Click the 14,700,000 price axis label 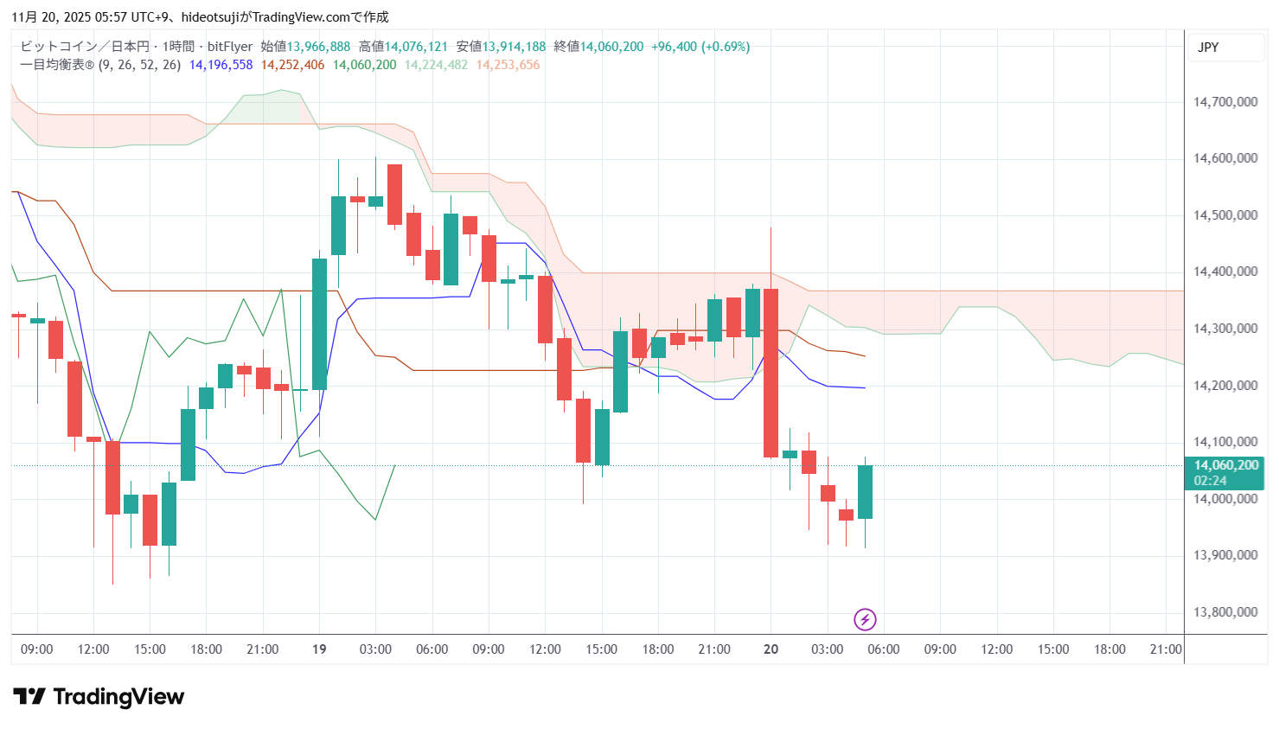[x=1225, y=102]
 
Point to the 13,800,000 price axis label [x=1225, y=612]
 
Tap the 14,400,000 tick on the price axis [x=1225, y=272]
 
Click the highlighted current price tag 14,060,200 [x=1225, y=465]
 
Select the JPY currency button [x=1208, y=48]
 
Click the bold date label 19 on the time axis [x=319, y=649]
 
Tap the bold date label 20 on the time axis [x=771, y=649]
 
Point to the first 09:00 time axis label [x=36, y=649]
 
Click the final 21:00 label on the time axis [x=1165, y=649]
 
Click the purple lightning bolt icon [x=865, y=619]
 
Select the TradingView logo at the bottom [x=99, y=697]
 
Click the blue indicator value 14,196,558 [x=221, y=65]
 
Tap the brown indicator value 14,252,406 [x=292, y=65]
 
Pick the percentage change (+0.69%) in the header [x=726, y=47]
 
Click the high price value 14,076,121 [x=416, y=47]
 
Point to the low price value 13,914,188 [x=514, y=47]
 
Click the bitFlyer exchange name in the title [x=230, y=47]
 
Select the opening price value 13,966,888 [x=318, y=47]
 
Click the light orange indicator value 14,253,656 [x=508, y=65]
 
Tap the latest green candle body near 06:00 [x=865, y=492]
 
